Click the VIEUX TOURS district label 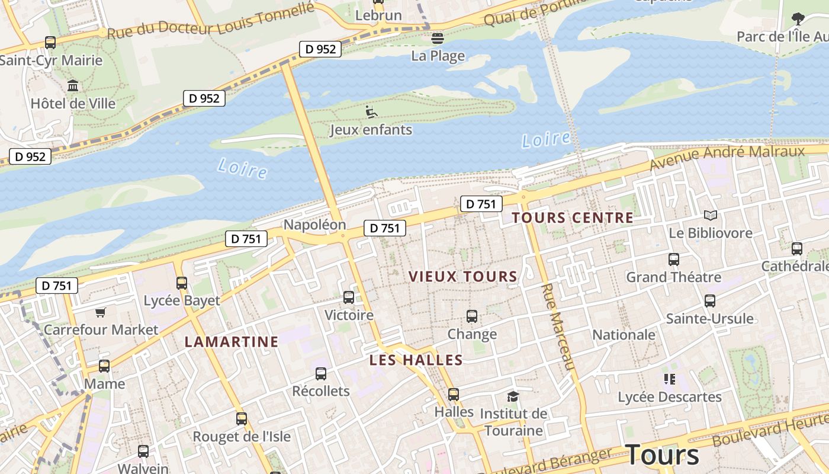[x=463, y=276]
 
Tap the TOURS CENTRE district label [x=573, y=217]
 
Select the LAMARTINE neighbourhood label [x=231, y=341]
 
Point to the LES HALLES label [x=416, y=360]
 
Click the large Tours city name [x=662, y=455]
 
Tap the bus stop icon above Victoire [x=349, y=297]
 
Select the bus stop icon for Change [x=472, y=316]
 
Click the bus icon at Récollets [x=321, y=373]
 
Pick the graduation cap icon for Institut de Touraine [x=513, y=396]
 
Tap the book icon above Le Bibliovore [x=711, y=216]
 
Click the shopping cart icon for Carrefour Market [x=101, y=312]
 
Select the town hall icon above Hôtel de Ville [x=73, y=86]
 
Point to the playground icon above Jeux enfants [x=371, y=111]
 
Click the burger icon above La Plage [x=438, y=39]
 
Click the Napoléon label [x=314, y=225]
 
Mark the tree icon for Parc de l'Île [x=798, y=20]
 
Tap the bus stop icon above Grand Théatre [x=674, y=259]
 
